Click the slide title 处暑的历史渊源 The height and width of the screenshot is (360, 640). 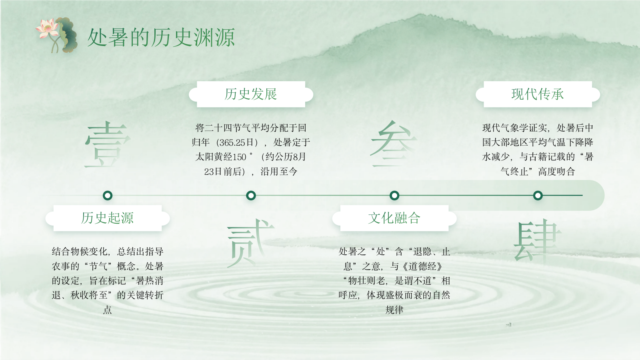point(161,38)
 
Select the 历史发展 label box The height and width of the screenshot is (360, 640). point(251,94)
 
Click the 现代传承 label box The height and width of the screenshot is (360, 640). point(538,94)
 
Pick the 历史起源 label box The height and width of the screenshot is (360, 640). point(108,218)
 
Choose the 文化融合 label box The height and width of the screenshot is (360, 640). point(394,218)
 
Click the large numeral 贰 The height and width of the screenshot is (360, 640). point(250,243)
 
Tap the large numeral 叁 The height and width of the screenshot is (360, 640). point(394,144)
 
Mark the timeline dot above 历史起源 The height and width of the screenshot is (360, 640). point(108,196)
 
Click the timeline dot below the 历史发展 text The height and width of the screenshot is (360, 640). point(251,196)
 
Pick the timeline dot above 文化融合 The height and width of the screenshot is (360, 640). point(394,196)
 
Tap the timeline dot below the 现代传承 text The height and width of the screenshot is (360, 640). point(538,196)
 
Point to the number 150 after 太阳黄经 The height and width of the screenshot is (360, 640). point(239,157)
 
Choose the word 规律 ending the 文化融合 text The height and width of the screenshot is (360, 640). point(394,310)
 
